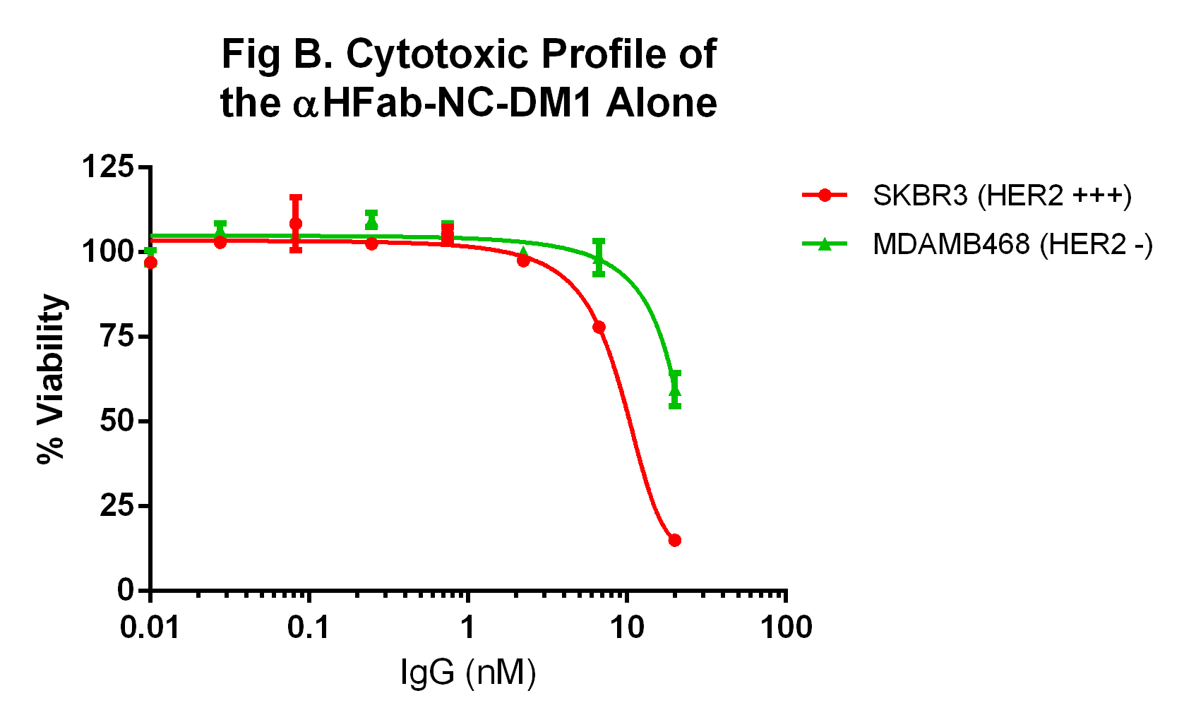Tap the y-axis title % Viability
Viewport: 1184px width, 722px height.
coord(51,379)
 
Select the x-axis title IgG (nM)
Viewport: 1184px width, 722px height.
coord(468,672)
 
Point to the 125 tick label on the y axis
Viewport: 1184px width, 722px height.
coord(107,168)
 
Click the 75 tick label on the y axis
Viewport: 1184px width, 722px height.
coord(116,337)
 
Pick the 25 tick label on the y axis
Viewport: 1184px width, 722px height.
coord(116,506)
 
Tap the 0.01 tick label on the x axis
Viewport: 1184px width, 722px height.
coord(150,627)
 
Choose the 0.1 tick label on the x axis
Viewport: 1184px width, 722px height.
coord(309,627)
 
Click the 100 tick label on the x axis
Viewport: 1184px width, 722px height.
coord(786,627)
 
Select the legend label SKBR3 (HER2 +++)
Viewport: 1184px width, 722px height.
coord(1002,195)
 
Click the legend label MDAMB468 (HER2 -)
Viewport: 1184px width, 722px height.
coord(1012,244)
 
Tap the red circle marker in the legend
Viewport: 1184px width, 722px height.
coord(824,195)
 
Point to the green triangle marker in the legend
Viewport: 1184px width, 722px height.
coord(824,244)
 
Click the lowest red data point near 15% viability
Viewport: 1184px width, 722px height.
coord(674,540)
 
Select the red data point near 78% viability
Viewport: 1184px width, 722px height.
coord(599,327)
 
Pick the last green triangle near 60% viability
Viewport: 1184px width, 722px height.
coord(674,390)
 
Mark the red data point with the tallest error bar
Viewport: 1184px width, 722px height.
coord(296,224)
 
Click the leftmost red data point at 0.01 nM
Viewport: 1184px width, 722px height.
coord(150,263)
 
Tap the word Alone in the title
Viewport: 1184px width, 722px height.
coord(661,104)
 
